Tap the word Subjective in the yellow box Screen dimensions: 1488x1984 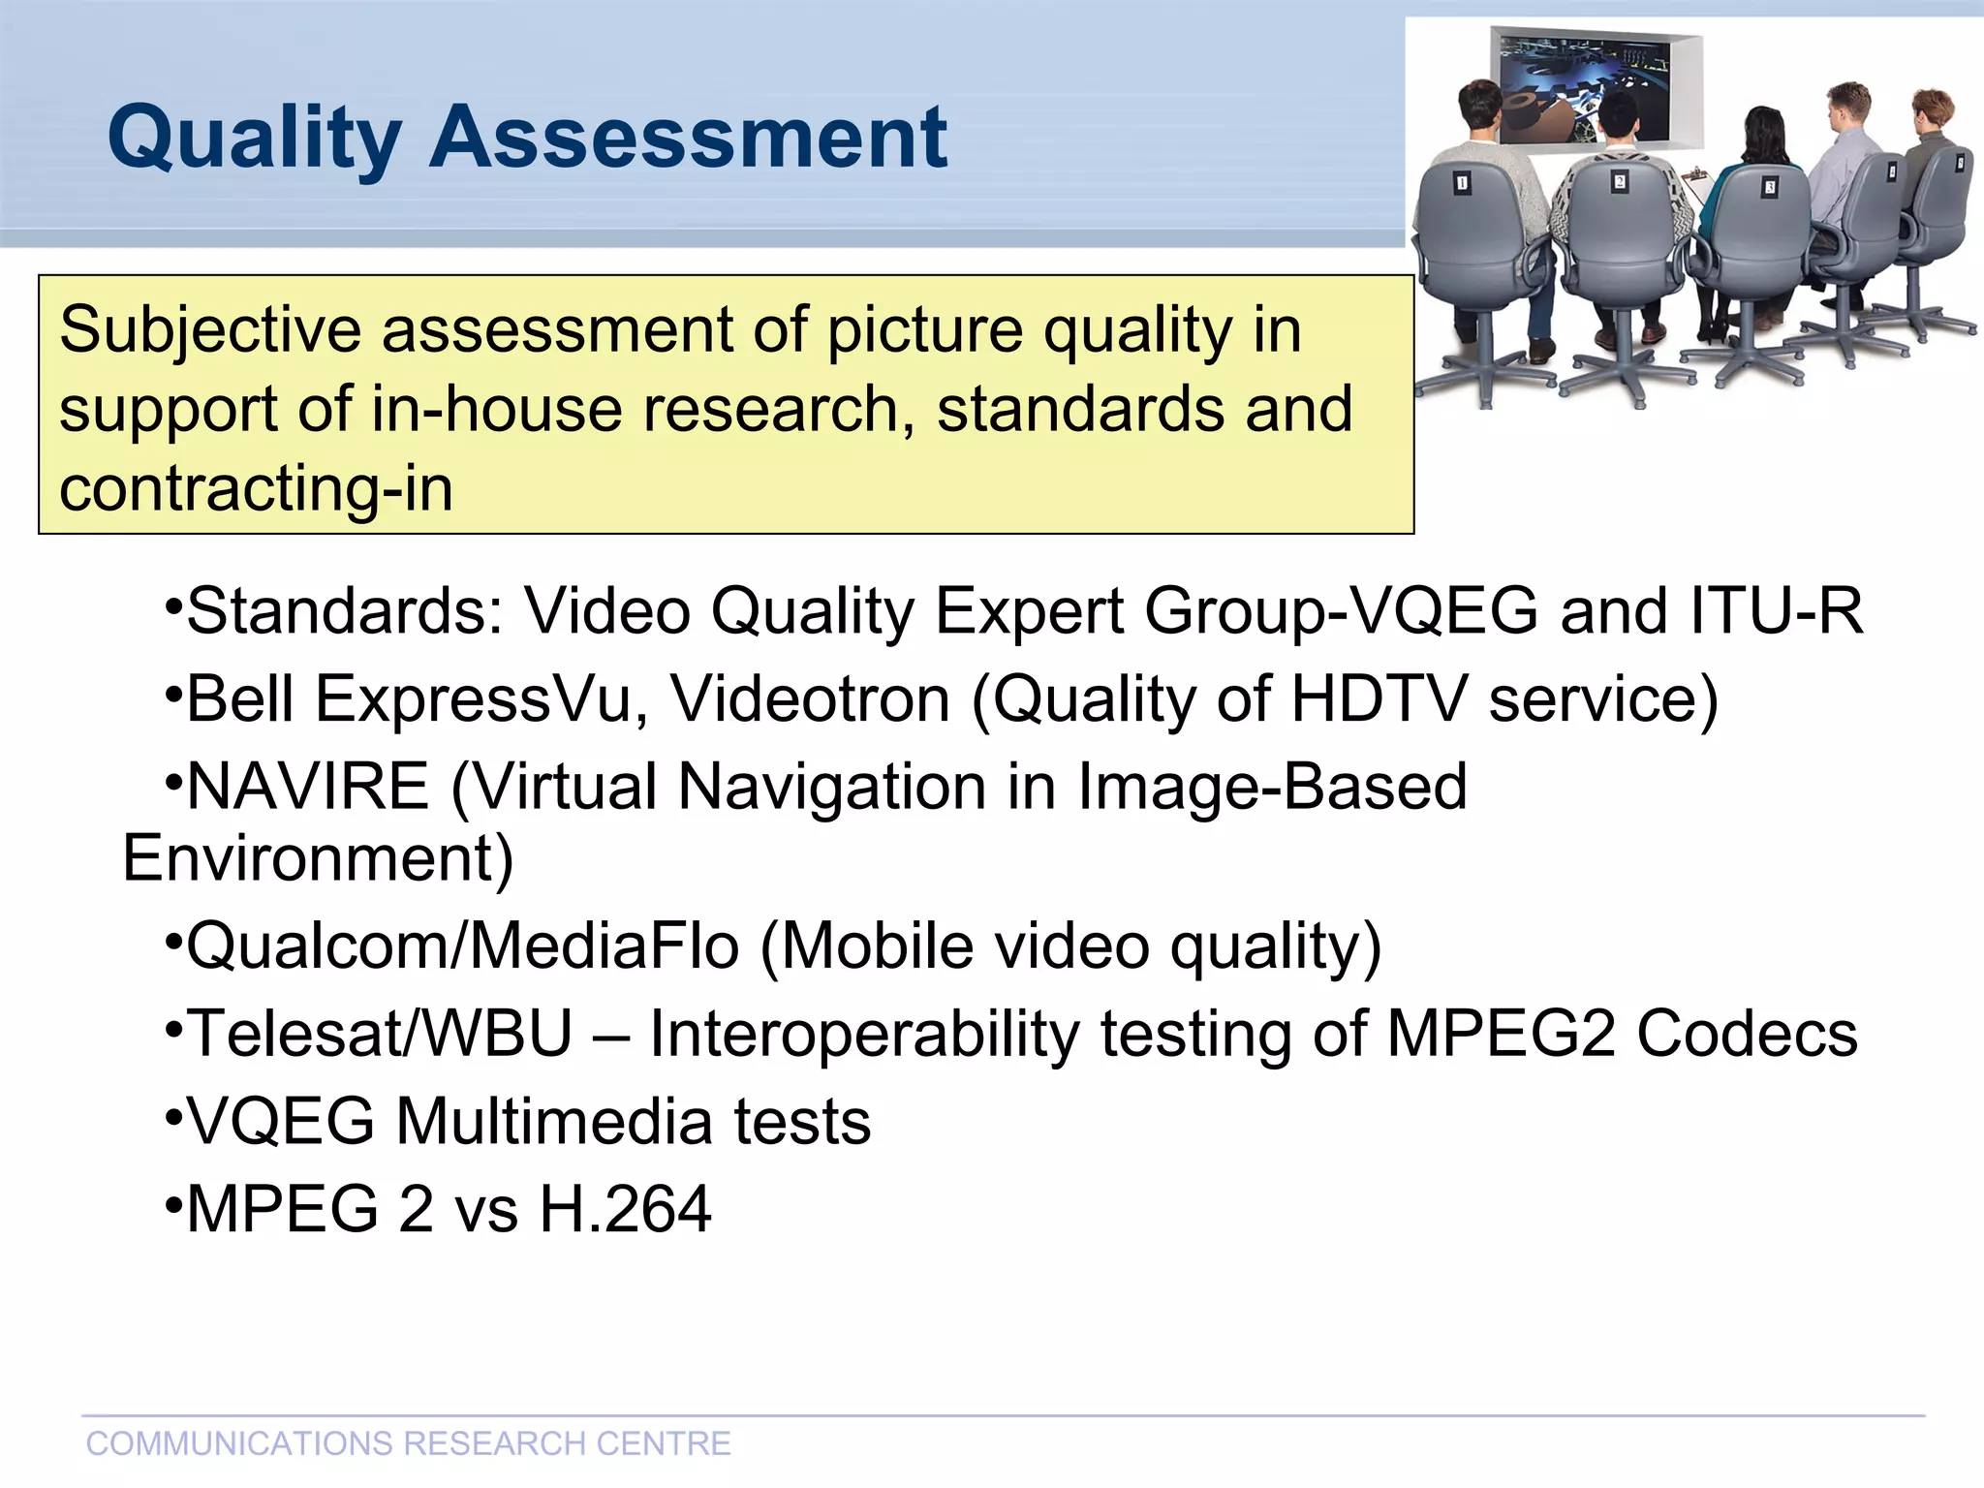click(209, 330)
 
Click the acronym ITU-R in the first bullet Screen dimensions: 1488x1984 click(1776, 611)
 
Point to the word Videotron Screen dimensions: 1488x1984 click(810, 698)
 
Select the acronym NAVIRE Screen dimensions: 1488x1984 click(307, 786)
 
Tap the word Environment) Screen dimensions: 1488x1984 click(318, 858)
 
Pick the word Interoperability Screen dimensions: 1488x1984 click(863, 1034)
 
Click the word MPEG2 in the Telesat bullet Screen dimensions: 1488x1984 click(1500, 1034)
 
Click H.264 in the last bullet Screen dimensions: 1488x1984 click(625, 1209)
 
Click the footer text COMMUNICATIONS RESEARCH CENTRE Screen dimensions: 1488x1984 click(408, 1443)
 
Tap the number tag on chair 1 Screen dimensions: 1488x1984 click(1462, 183)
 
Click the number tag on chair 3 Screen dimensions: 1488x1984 click(1770, 187)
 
